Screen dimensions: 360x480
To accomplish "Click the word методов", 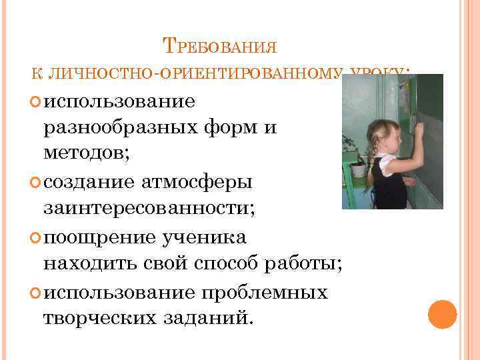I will click(x=86, y=153).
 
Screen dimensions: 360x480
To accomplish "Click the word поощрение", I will click(x=101, y=237).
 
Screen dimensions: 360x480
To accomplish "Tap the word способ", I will click(x=223, y=264).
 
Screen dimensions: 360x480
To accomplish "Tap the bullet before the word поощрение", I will click(x=35, y=238).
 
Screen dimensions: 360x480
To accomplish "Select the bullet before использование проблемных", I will click(x=35, y=293).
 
